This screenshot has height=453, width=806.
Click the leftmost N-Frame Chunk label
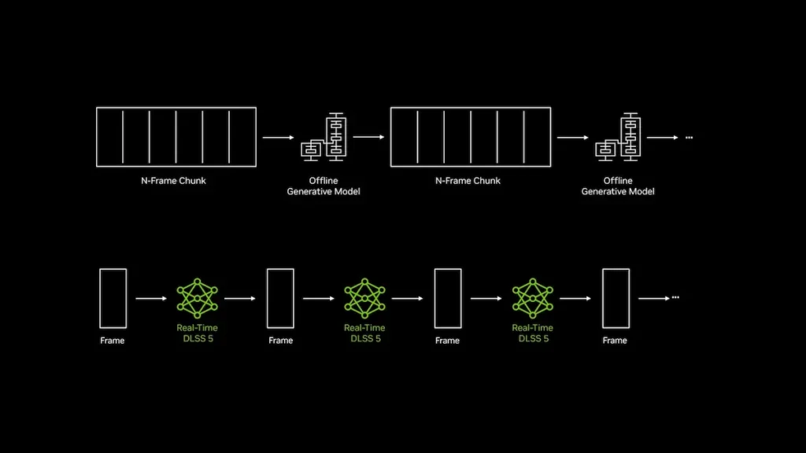(173, 181)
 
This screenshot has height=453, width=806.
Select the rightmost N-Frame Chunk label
(468, 181)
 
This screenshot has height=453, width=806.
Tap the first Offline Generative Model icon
(324, 137)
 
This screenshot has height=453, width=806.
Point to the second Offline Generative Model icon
(619, 137)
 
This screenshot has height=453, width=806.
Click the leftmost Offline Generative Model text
(324, 186)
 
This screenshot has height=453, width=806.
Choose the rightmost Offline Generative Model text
(618, 186)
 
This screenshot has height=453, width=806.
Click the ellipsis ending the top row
(690, 138)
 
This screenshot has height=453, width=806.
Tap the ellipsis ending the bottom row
(675, 297)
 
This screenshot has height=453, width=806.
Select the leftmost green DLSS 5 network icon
(198, 298)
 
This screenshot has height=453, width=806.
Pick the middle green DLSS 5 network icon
(365, 298)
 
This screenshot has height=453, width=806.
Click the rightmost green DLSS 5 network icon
(533, 298)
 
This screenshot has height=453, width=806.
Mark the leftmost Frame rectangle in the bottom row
(100, 298)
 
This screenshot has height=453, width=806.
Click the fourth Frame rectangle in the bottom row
(602, 298)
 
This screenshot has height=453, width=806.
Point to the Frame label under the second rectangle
(281, 341)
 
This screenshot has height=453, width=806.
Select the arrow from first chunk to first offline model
(278, 137)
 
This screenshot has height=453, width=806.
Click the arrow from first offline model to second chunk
(368, 137)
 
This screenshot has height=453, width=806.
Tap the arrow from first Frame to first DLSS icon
(151, 298)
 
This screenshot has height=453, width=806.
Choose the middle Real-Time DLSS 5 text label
(365, 333)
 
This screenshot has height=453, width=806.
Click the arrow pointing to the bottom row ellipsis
(654, 298)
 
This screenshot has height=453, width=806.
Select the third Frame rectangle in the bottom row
(434, 298)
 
